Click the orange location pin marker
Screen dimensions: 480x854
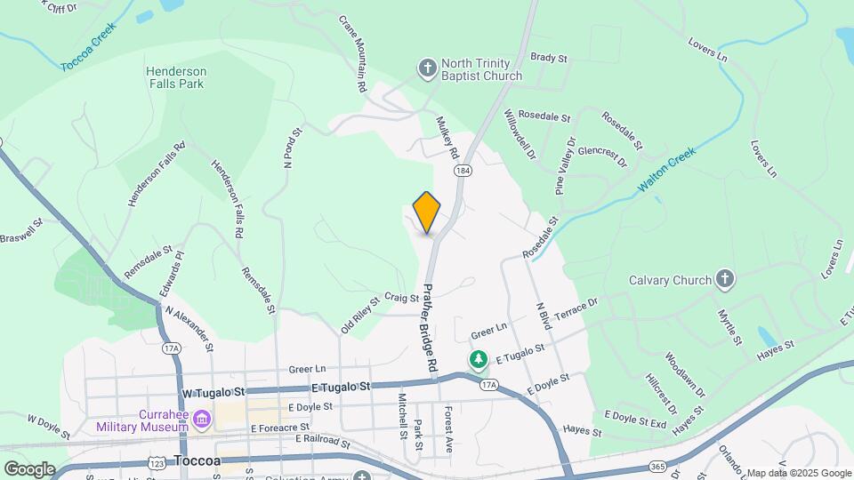(427, 212)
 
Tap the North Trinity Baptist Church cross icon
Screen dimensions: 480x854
(427, 68)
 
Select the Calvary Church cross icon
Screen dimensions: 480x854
(725, 280)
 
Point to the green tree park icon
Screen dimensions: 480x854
(479, 358)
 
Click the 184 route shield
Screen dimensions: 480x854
(461, 169)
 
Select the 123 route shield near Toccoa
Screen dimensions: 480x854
(158, 462)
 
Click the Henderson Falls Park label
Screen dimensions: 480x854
(176, 77)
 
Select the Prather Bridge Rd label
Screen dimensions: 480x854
(431, 328)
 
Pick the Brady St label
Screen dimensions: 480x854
(549, 58)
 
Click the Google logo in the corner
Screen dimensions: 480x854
(29, 468)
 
